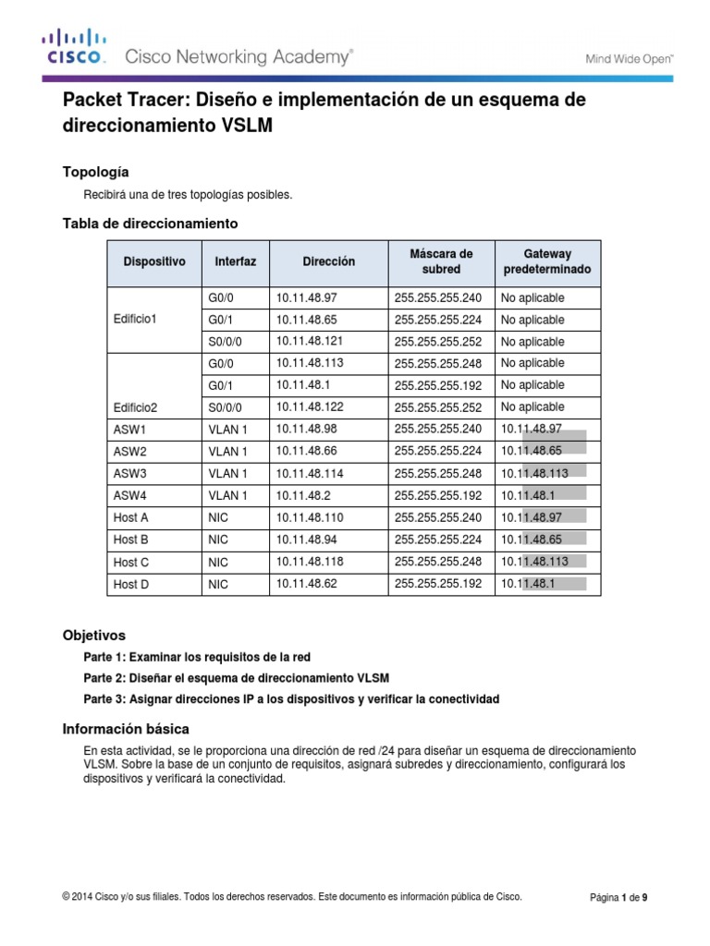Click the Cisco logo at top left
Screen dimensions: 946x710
[x=73, y=49]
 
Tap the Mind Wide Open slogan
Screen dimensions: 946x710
[x=630, y=58]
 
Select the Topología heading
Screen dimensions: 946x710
[x=95, y=172]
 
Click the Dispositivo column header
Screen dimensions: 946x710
[x=154, y=262]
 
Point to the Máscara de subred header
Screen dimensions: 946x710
[x=441, y=261]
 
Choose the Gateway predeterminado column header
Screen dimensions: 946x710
[x=547, y=261]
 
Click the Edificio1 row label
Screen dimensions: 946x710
[x=135, y=320]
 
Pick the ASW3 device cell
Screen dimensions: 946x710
[x=130, y=474]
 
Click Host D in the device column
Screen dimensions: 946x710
[x=130, y=584]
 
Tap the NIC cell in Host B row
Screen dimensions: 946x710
[x=218, y=540]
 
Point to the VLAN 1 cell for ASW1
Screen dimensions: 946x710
[x=227, y=430]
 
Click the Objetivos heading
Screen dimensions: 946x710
[x=93, y=636]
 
